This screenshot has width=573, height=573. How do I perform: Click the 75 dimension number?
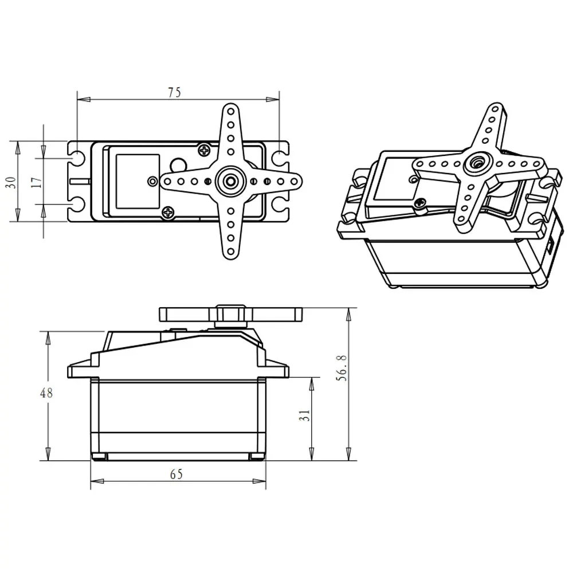[x=174, y=92]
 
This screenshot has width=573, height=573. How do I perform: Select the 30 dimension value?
[x=10, y=182]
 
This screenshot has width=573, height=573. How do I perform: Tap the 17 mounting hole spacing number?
[x=36, y=182]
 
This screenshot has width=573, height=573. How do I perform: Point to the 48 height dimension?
[x=46, y=393]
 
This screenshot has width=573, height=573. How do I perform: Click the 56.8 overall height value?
[x=342, y=368]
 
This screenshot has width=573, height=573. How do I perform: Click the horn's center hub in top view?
[x=230, y=181]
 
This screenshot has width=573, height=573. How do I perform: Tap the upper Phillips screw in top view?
[x=205, y=150]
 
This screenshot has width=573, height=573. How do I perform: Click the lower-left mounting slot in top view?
[x=77, y=205]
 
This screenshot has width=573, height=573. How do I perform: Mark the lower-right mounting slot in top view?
[x=280, y=205]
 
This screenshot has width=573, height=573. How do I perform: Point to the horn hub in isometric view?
[x=476, y=163]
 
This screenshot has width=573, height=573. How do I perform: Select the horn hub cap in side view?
[x=230, y=315]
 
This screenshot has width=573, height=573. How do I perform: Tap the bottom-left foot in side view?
[x=99, y=457]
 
